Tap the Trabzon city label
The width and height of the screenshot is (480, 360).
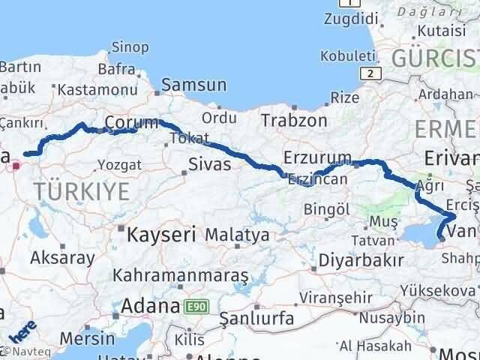coord(294,120)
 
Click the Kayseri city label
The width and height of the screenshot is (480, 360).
coord(161,234)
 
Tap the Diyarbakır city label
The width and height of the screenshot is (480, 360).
coord(361,259)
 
